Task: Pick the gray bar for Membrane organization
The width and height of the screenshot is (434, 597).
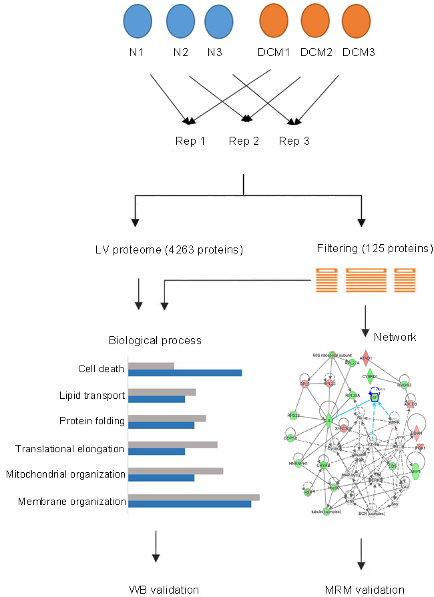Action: (193, 496)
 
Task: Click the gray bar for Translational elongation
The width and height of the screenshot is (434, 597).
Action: (172, 444)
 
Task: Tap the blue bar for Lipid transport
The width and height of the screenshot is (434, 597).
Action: (156, 400)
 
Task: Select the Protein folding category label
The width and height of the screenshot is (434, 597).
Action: (92, 422)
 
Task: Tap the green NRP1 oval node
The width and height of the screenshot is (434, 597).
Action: (415, 470)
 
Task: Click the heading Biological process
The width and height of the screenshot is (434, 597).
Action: (155, 340)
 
